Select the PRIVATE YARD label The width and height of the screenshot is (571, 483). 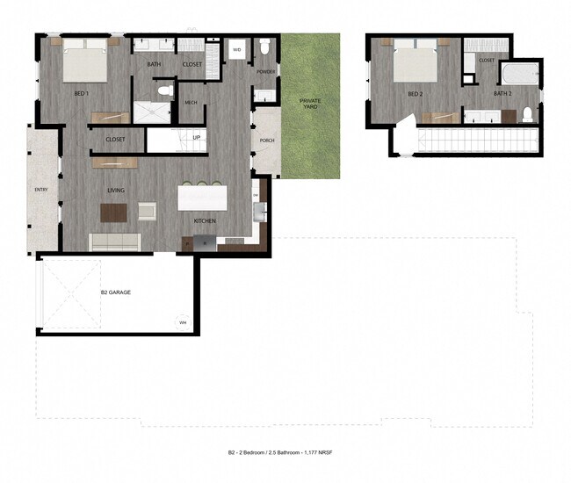coord(309,104)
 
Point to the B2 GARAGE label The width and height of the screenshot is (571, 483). coord(115,292)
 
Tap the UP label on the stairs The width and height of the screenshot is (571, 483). coord(197,138)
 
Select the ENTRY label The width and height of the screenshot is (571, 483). coord(40,189)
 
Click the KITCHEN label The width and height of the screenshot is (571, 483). coord(206,220)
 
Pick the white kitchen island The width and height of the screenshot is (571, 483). coord(202,196)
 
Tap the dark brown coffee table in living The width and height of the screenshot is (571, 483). coord(113,213)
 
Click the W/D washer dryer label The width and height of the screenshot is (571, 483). coord(236,50)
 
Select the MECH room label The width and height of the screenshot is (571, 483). coord(191,103)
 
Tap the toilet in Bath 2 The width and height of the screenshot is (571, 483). coord(527,113)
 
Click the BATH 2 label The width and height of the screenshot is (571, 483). coord(502,93)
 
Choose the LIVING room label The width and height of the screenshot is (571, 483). coord(116,189)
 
